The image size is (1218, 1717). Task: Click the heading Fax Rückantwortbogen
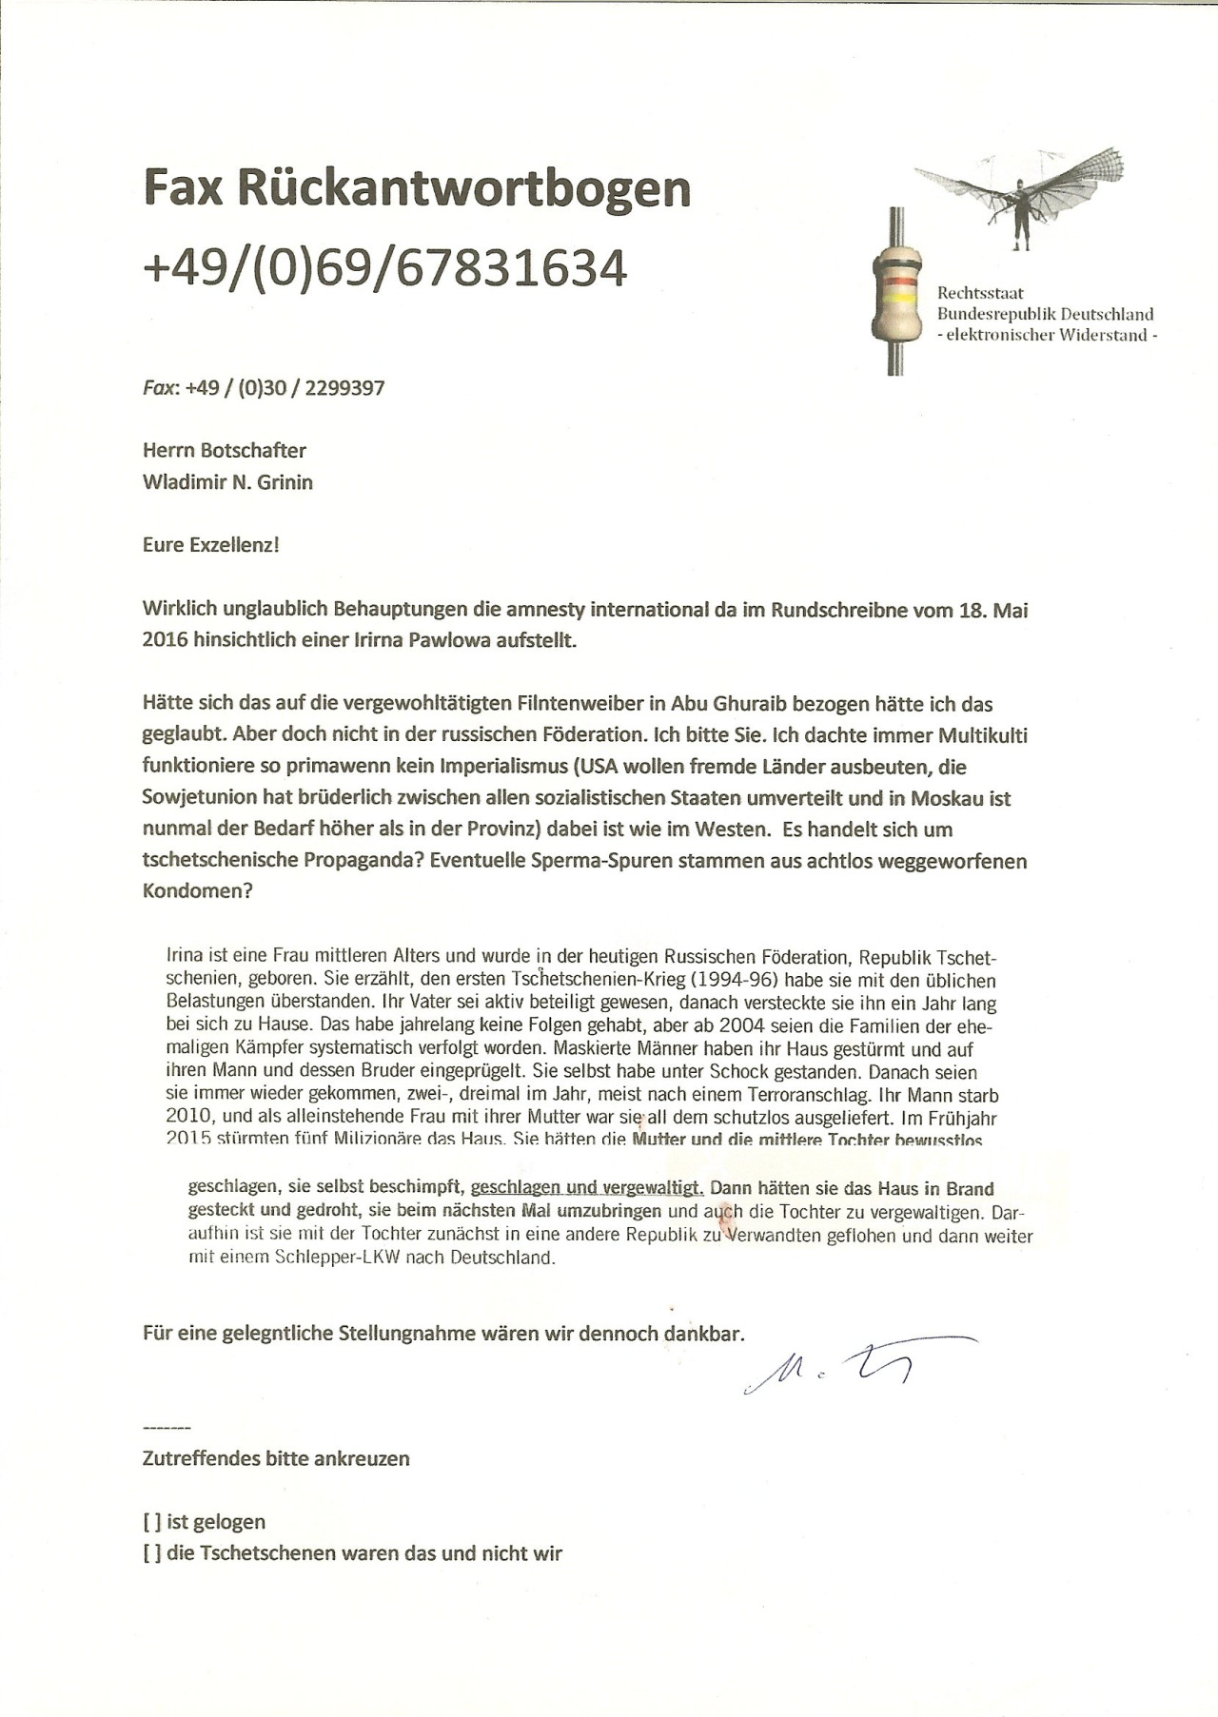click(x=417, y=187)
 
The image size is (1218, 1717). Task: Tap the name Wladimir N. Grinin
click(x=227, y=482)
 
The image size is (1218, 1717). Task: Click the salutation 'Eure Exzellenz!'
click(x=210, y=545)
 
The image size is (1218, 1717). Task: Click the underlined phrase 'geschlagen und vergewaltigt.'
click(x=587, y=1188)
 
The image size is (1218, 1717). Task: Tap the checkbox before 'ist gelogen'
click(x=151, y=1522)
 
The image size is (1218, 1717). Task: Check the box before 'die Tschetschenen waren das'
click(x=151, y=1553)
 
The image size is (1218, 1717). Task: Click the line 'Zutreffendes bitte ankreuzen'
click(x=276, y=1458)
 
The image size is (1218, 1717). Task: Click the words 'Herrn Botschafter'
click(x=225, y=450)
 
